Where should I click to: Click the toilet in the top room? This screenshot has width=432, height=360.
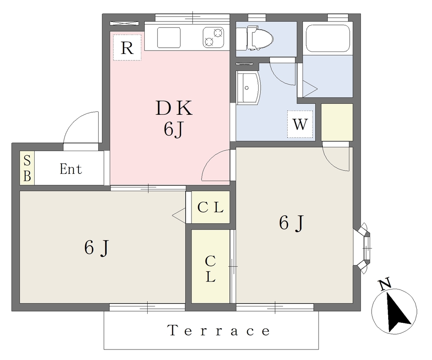click(259, 38)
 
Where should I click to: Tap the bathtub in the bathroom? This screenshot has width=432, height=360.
click(328, 38)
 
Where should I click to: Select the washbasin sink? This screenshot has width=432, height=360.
click(248, 88)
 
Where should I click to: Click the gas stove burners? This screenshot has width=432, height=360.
click(213, 37)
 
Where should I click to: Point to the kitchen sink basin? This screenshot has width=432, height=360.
click(169, 38)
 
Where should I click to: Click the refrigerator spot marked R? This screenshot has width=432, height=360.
click(127, 47)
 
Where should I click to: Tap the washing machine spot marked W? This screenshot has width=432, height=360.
click(300, 124)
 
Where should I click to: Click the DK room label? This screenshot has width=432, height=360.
click(174, 108)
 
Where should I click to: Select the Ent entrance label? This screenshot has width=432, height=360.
click(71, 169)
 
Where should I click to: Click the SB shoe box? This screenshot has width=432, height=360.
click(27, 168)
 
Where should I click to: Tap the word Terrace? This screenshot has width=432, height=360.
click(219, 330)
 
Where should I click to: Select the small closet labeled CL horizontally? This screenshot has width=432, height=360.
click(211, 207)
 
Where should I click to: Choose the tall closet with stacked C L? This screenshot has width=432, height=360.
click(211, 266)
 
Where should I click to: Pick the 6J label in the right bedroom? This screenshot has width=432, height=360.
click(291, 223)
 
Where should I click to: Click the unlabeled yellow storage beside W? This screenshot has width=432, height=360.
click(337, 122)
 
